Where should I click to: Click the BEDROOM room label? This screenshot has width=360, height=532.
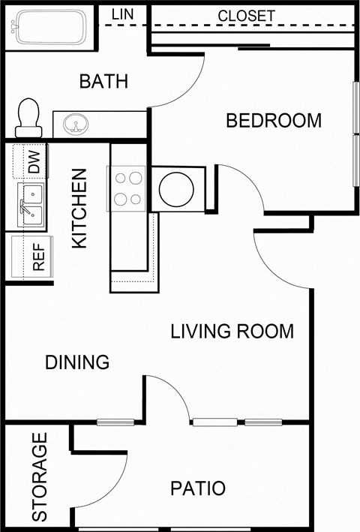pyautogui.click(x=274, y=120)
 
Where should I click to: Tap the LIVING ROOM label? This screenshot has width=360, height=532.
pyautogui.click(x=232, y=331)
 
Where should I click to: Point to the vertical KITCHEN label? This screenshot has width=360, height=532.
pyautogui.click(x=79, y=208)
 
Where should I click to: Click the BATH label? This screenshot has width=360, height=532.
pyautogui.click(x=103, y=81)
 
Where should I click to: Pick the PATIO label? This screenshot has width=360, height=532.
pyautogui.click(x=197, y=488)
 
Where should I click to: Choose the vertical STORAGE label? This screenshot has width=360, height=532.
pyautogui.click(x=40, y=477)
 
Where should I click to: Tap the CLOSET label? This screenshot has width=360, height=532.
pyautogui.click(x=246, y=16)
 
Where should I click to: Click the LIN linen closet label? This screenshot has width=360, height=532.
pyautogui.click(x=122, y=14)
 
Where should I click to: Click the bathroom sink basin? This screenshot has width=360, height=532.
pyautogui.click(x=75, y=123)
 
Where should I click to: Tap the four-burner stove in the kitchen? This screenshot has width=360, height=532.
pyautogui.click(x=127, y=188)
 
